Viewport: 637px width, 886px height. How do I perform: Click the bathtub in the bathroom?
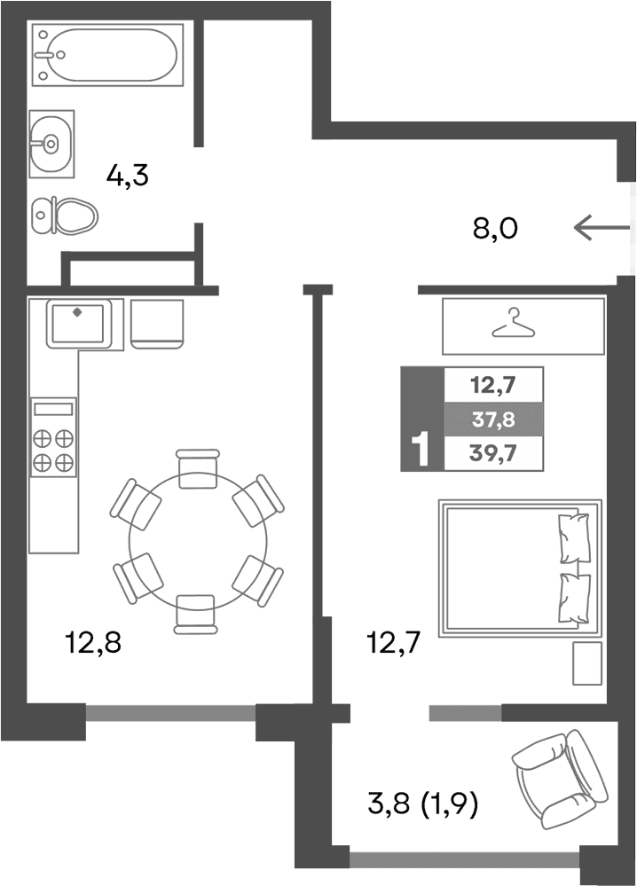(106, 55)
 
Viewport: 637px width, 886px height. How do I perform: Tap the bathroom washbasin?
(50, 142)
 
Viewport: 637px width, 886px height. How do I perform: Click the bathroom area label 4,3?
(127, 175)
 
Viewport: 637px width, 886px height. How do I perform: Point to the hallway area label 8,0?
(494, 229)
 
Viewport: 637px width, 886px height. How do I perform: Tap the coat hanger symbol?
(515, 324)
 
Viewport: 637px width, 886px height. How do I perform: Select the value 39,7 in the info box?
(492, 453)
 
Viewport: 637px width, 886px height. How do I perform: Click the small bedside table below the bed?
(586, 663)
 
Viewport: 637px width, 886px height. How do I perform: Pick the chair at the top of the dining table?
(198, 468)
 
